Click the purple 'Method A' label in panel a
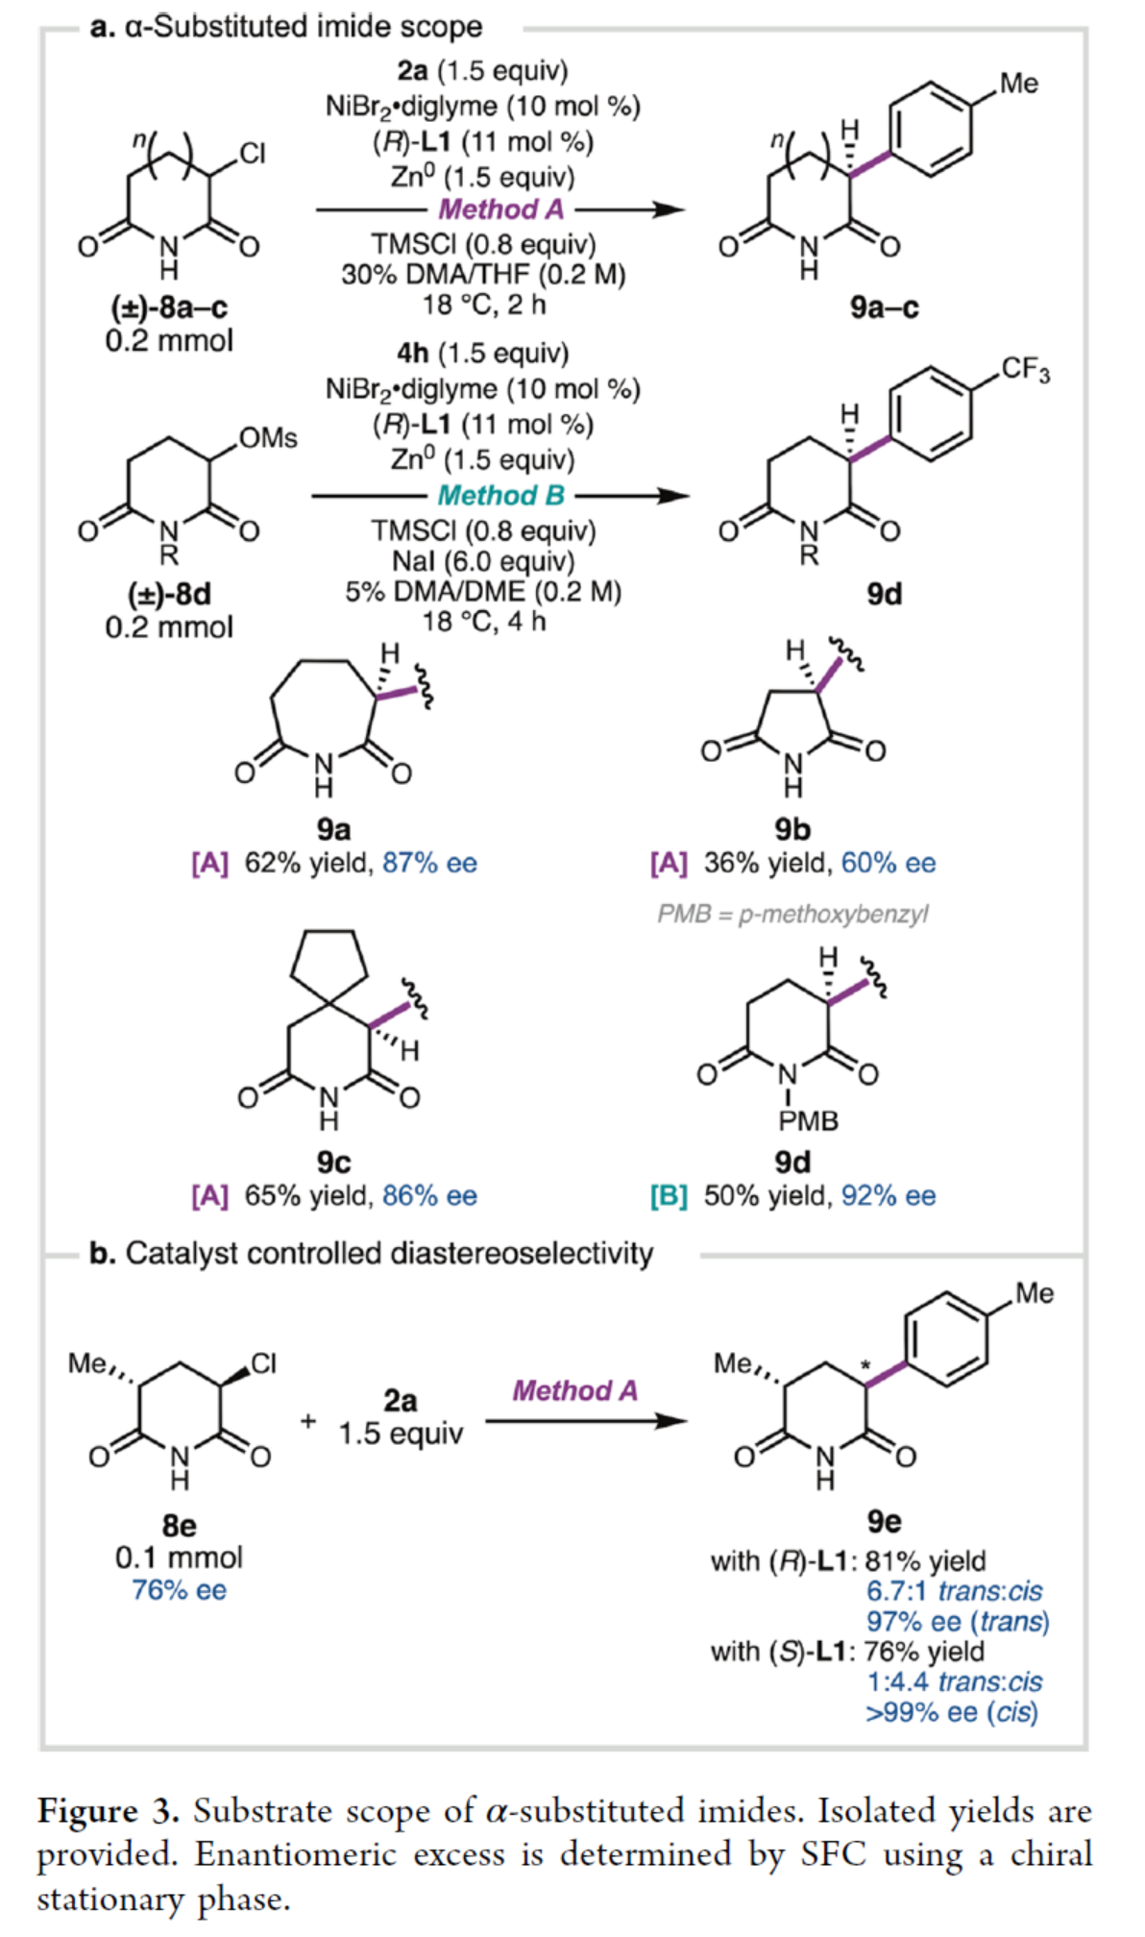coord(500,209)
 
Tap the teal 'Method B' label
coord(500,496)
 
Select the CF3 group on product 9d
coord(1025,370)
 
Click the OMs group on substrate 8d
coord(268,438)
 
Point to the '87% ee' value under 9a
coord(429,863)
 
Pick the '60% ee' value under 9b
coord(889,863)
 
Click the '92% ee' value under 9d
coord(889,1195)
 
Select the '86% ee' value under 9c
coord(429,1195)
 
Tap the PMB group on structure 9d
coord(808,1121)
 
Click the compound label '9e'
coord(884,1521)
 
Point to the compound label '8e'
coord(179,1525)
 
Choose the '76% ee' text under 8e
coord(179,1590)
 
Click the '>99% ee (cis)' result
coord(951,1712)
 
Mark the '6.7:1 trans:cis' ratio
coord(954,1591)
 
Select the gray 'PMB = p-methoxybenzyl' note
coord(792,914)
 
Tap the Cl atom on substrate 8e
coord(263,1363)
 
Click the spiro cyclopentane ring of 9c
coord(329,962)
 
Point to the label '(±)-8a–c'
coord(169,307)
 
